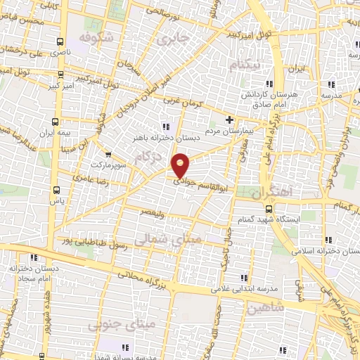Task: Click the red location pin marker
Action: point(181,165)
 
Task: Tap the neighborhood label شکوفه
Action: point(95,36)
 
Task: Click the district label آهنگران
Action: point(268,191)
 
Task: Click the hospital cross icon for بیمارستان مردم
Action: point(229,120)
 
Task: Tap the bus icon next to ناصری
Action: point(60,41)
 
